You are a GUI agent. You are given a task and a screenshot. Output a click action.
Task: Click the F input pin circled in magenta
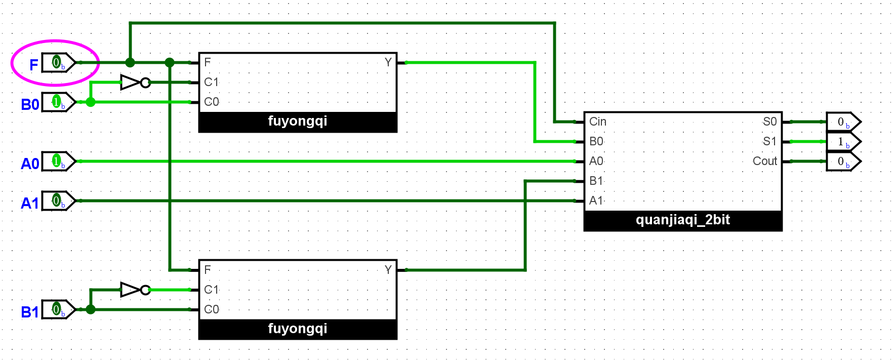tap(57, 63)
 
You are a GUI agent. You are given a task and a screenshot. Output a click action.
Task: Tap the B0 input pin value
tap(57, 102)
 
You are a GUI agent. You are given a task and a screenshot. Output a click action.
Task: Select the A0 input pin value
tap(57, 162)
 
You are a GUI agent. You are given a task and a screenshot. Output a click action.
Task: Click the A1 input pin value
tap(57, 201)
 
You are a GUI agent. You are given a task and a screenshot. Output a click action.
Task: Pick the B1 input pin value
tap(57, 309)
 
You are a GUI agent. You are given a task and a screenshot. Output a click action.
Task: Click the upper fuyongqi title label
tap(298, 122)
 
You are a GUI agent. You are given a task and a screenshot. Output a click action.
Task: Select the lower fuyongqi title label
tap(298, 329)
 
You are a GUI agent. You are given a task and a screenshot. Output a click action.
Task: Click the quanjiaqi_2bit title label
tap(683, 220)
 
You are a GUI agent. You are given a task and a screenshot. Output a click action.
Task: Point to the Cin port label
tap(598, 122)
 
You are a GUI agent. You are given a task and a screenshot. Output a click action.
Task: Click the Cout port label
tap(764, 161)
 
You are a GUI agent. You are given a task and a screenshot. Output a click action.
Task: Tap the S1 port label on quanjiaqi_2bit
tap(769, 141)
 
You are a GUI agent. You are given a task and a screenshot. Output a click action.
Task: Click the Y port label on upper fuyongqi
tap(388, 62)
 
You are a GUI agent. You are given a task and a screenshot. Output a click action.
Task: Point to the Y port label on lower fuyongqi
tap(388, 270)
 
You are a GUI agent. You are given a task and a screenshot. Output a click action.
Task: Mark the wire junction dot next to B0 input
tap(91, 102)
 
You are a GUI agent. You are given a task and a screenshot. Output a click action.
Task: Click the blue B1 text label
tap(30, 312)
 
